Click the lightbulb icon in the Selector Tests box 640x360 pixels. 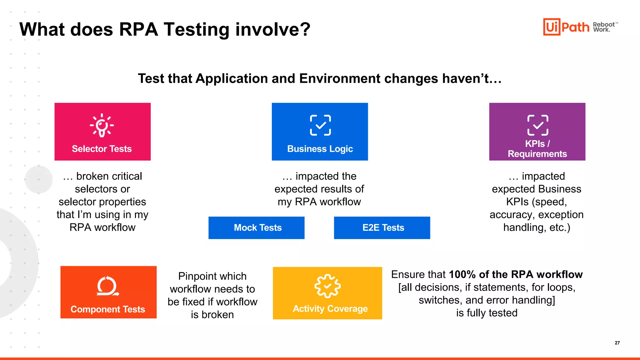102,125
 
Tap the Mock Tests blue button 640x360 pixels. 257,228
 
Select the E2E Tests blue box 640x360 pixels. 382,228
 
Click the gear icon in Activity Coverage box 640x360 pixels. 327,286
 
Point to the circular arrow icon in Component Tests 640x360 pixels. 107,286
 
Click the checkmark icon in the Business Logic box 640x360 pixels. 320,125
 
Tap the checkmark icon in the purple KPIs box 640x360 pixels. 537,125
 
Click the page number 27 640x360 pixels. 617,343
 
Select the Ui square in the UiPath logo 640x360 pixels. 552,27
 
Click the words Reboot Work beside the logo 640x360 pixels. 604,27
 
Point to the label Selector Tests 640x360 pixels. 102,149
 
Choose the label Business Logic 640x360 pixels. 320,149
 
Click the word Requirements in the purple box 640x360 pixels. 537,154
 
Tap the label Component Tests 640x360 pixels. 108,309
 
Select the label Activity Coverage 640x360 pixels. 330,309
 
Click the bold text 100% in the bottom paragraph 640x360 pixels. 462,274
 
